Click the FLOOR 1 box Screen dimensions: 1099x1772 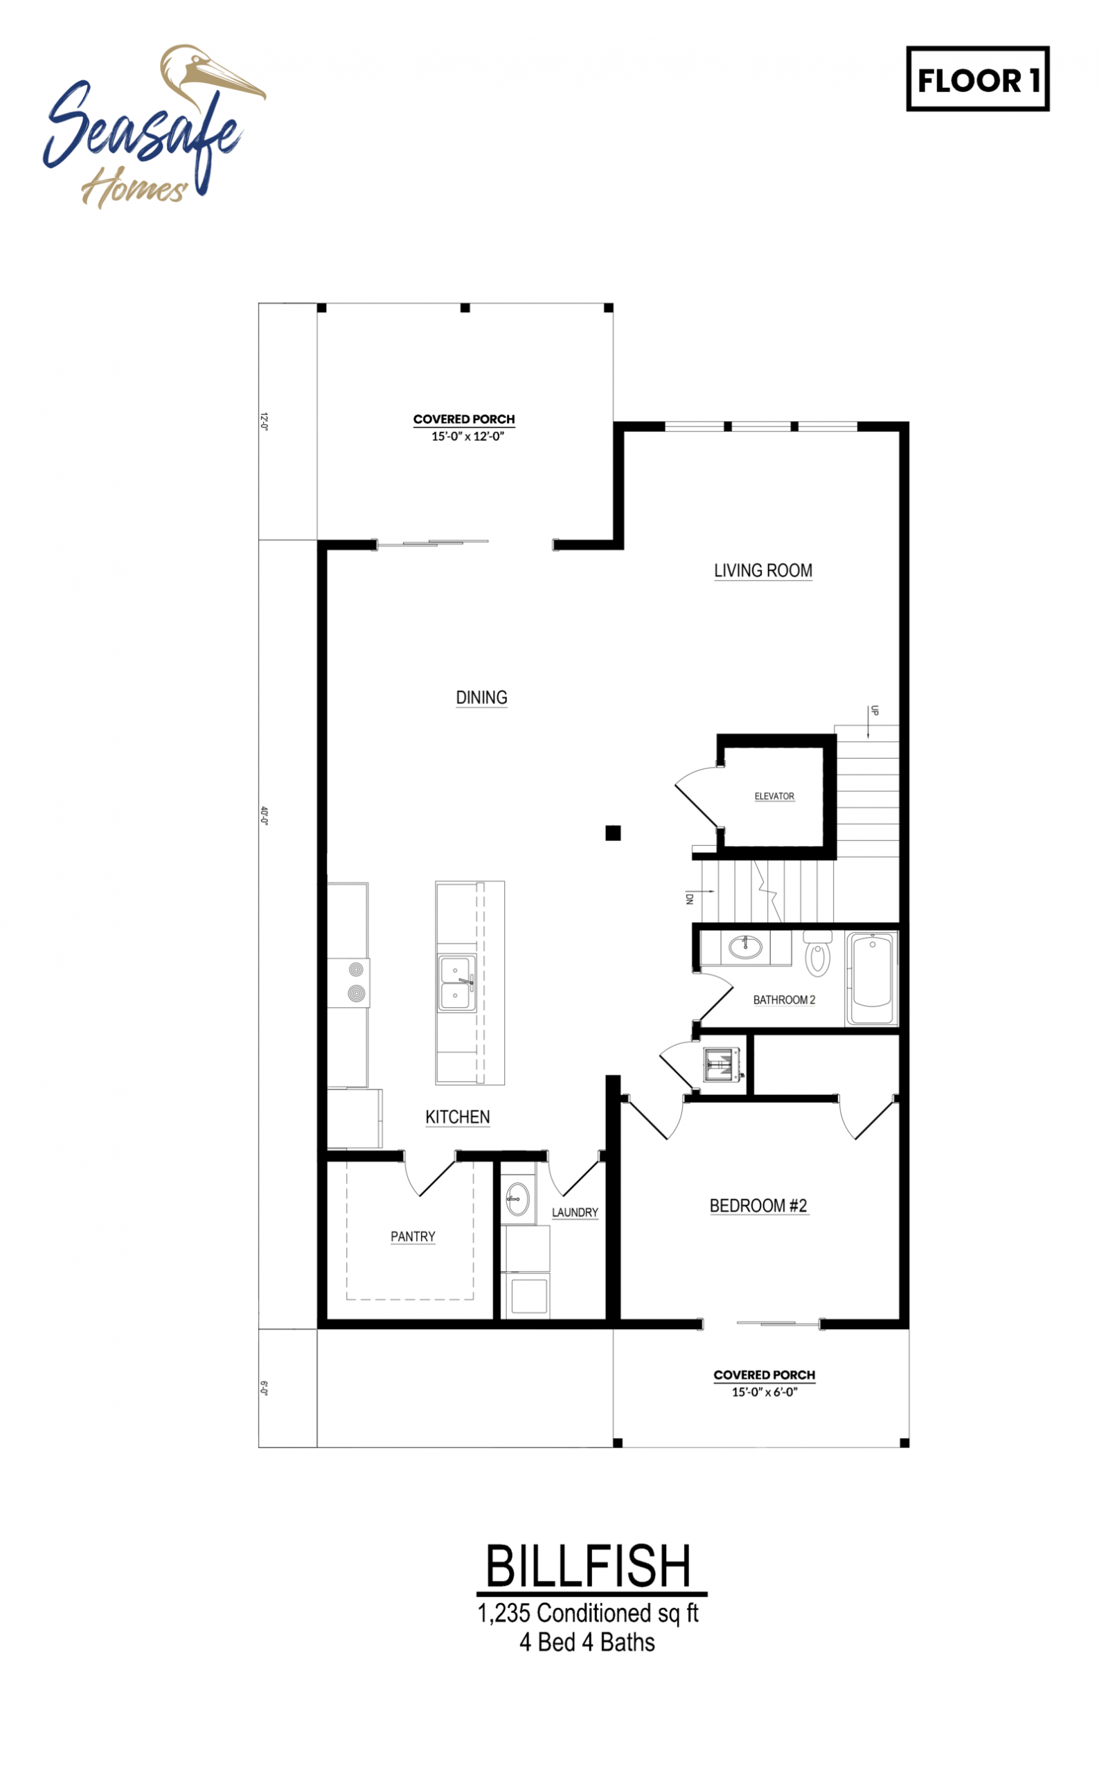(978, 79)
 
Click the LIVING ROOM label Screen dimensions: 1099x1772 (763, 570)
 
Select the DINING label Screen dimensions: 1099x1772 (481, 698)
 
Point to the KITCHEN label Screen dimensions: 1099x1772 (457, 1116)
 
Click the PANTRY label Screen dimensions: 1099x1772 (413, 1236)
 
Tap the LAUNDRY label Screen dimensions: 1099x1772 (575, 1213)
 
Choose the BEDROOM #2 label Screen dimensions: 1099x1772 (758, 1206)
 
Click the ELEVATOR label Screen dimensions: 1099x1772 (774, 796)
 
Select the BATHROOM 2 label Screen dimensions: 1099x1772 (785, 1000)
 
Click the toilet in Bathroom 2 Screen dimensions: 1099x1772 (818, 952)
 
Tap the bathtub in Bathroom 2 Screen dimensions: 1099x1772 (871, 978)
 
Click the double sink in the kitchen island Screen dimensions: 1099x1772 (456, 983)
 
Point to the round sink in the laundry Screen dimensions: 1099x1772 (517, 1197)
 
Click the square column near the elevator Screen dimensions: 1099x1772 (613, 833)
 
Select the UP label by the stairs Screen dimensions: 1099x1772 (875, 711)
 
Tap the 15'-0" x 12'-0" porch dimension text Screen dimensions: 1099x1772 (467, 437)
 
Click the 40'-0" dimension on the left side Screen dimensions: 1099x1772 (265, 816)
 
